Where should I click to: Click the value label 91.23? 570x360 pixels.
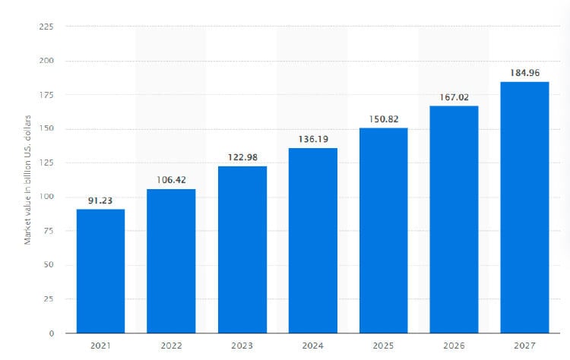pos(100,201)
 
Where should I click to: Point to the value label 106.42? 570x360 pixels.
pos(171,180)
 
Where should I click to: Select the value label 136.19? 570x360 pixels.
pos(312,140)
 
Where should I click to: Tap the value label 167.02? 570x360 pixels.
pos(454,97)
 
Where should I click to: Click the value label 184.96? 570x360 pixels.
pos(524,73)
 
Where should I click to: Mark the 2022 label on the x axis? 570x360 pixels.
pos(171,346)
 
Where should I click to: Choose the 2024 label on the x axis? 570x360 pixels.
pos(312,346)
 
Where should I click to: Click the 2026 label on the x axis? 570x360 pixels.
pos(454,346)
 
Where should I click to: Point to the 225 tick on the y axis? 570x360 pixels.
pos(46,26)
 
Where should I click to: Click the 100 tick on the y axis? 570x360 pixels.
pos(46,197)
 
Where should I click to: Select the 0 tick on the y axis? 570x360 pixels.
pos(51,333)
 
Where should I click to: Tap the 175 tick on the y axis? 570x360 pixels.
pos(46,94)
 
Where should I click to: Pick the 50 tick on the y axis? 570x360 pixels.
pos(49,265)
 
